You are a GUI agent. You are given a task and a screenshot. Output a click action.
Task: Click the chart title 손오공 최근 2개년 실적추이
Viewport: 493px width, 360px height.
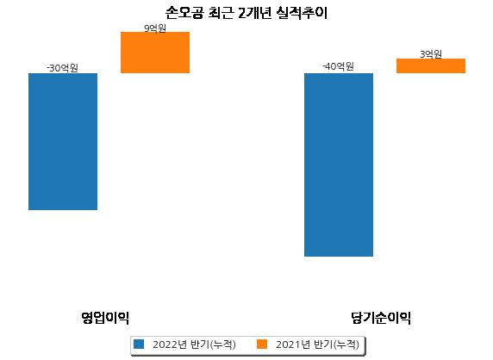(246, 13)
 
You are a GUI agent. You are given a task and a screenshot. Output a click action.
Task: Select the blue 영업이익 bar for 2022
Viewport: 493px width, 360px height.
(63, 142)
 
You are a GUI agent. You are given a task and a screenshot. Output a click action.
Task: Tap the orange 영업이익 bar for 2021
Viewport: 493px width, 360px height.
(155, 53)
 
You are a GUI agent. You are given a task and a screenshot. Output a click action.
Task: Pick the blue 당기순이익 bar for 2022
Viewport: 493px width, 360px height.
(339, 164)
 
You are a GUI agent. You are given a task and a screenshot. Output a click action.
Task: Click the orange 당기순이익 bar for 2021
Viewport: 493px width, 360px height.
(431, 66)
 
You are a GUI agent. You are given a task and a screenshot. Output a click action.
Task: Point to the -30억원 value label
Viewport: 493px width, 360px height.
(62, 68)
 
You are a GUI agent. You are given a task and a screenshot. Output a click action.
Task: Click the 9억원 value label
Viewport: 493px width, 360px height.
(155, 28)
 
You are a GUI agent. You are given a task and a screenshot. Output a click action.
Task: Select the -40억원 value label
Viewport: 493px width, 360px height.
(339, 66)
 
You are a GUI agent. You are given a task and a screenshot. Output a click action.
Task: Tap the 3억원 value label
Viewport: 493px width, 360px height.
(431, 54)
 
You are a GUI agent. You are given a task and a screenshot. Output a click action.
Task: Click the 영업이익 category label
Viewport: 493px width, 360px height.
(105, 318)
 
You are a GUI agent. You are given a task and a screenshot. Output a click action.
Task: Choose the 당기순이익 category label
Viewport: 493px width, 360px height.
(381, 318)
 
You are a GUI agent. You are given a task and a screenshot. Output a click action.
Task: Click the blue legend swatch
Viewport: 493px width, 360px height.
(139, 344)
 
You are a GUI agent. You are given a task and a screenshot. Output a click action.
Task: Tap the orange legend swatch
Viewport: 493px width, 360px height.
(262, 344)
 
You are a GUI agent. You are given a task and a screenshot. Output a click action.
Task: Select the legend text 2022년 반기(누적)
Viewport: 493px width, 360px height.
(194, 344)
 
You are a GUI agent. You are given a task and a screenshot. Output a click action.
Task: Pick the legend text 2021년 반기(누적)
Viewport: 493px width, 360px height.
(317, 344)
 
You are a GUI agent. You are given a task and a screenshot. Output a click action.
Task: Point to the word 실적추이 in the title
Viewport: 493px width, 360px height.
(303, 13)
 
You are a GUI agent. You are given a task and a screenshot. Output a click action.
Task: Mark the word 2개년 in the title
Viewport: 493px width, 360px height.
(254, 13)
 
